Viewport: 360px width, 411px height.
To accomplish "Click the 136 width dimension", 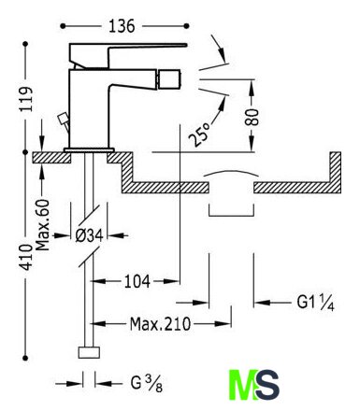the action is pyautogui.click(x=122, y=26).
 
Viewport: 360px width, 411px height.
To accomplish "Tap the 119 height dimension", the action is pyautogui.click(x=26, y=99).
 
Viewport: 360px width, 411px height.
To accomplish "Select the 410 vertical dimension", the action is pyautogui.click(x=26, y=257).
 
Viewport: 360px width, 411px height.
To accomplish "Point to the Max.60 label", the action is pyautogui.click(x=42, y=225).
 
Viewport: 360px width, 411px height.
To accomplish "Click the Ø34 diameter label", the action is pyautogui.click(x=89, y=235).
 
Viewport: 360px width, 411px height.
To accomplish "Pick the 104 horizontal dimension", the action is pyautogui.click(x=137, y=281).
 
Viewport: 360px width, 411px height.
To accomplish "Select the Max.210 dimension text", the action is pyautogui.click(x=160, y=324).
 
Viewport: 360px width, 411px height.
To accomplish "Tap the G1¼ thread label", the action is pyautogui.click(x=316, y=302).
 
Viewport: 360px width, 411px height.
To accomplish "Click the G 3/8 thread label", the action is pyautogui.click(x=147, y=384).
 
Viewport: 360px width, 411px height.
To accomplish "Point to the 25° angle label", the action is pyautogui.click(x=199, y=135).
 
